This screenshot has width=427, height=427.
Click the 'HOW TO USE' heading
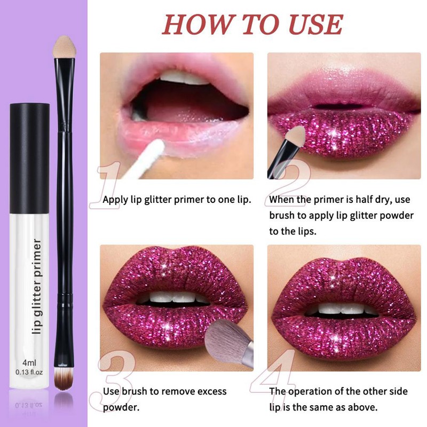tap(252, 23)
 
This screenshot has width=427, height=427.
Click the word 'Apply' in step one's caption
tap(115, 200)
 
